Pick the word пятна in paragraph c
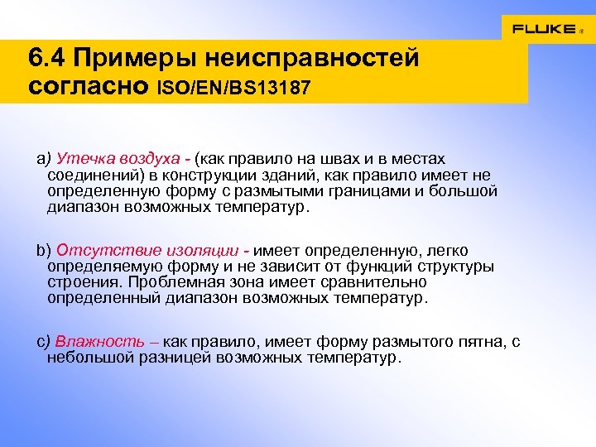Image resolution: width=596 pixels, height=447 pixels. click(476, 342)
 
